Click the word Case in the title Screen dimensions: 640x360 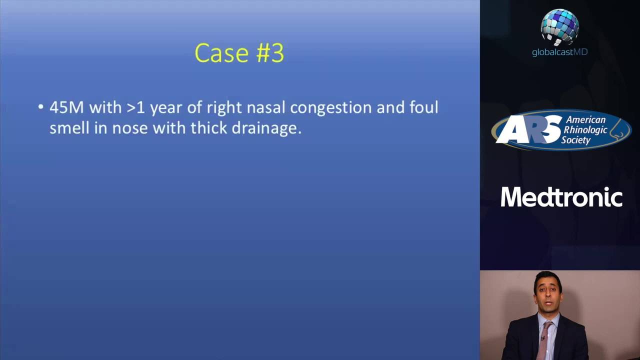pyautogui.click(x=221, y=53)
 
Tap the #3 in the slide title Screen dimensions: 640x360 pyautogui.click(x=270, y=53)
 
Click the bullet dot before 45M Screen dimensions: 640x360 pyautogui.click(x=40, y=107)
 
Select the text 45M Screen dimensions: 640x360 pyautogui.click(x=67, y=107)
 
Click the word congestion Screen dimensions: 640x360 pyautogui.click(x=330, y=108)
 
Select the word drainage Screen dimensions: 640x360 pyautogui.click(x=266, y=129)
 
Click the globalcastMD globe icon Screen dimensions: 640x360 pyautogui.click(x=559, y=27)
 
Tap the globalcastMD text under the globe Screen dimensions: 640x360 pyautogui.click(x=559, y=52)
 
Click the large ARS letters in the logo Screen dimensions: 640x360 pyautogui.click(x=528, y=129)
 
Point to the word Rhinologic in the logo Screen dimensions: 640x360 pyautogui.click(x=585, y=129)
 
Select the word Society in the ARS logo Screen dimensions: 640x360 pyautogui.click(x=575, y=140)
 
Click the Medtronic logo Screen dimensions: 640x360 pyautogui.click(x=561, y=197)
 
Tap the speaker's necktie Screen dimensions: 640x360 pyautogui.click(x=544, y=341)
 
